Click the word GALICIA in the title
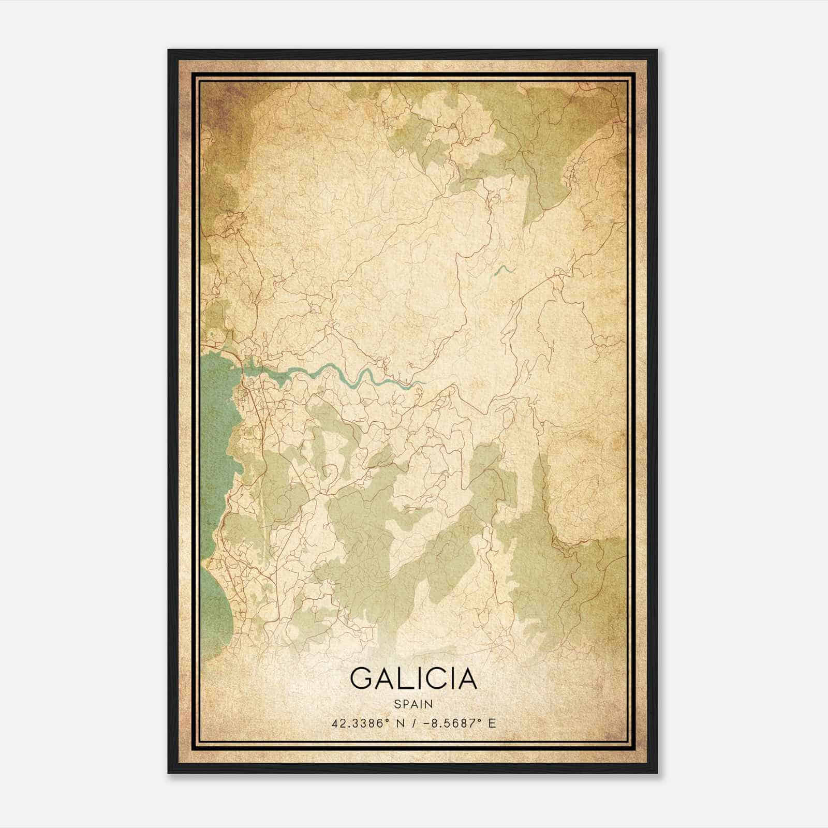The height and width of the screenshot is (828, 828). coord(413,678)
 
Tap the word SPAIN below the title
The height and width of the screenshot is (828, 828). coord(413,704)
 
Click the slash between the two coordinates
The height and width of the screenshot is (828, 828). coord(412,723)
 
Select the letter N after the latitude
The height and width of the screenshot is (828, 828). coord(399,723)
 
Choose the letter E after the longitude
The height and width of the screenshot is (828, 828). coord(492,723)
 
